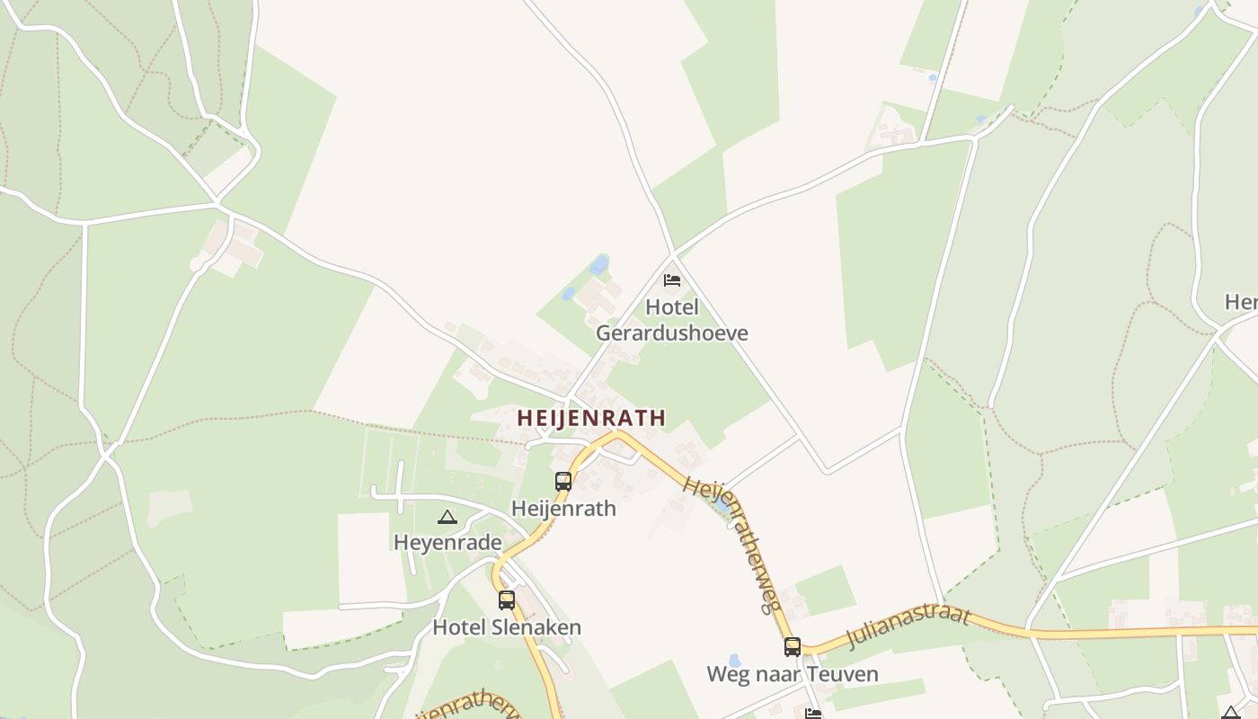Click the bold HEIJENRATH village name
coord(591,418)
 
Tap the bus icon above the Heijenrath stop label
coord(563,481)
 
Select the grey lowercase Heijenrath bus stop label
coord(563,509)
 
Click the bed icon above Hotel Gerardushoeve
coord(671,280)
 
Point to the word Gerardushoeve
coord(671,333)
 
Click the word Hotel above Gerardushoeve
coord(671,307)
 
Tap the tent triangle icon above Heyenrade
coord(447,517)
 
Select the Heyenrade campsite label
coord(447,543)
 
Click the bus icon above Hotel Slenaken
coord(507,599)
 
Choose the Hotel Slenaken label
coord(507,627)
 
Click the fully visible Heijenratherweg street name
coord(731,544)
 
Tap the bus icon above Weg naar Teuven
coord(792,646)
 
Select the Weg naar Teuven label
coord(792,674)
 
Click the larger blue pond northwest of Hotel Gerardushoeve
coord(598,265)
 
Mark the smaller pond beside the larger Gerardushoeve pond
coord(568,293)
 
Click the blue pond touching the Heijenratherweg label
coord(722,507)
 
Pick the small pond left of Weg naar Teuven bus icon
coord(734,661)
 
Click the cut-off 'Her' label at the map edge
coord(1241,302)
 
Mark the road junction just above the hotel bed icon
coord(673,253)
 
